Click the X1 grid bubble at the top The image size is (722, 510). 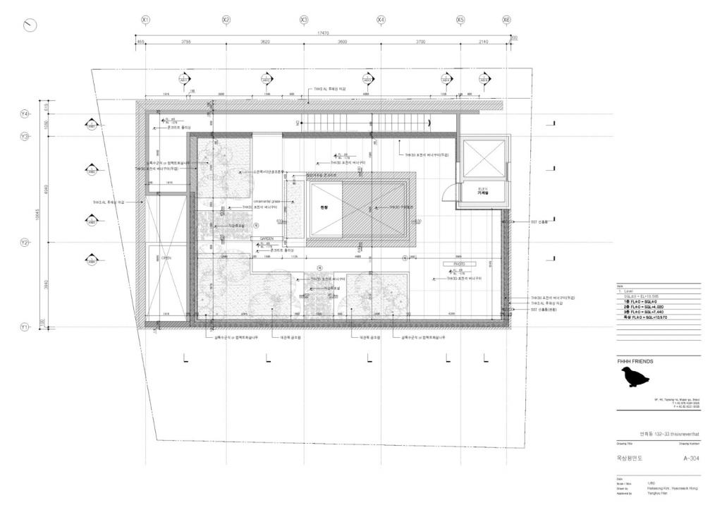(145, 20)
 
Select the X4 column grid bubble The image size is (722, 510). (381, 20)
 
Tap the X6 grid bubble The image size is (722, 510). (506, 20)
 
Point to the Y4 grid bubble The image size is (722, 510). (25, 114)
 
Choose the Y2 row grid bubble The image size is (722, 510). (25, 242)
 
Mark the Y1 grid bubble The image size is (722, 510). (25, 327)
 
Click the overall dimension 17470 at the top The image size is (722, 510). (323, 32)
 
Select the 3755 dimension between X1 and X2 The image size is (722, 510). (186, 42)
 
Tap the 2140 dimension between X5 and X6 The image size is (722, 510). (483, 42)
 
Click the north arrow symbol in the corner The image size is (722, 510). (30, 25)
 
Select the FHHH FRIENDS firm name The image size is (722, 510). (635, 361)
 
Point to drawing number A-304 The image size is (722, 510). (690, 458)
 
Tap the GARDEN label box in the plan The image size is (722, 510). (267, 239)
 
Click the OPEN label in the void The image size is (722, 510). (166, 258)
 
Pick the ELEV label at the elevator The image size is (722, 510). (482, 188)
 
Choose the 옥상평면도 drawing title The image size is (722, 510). (630, 458)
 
